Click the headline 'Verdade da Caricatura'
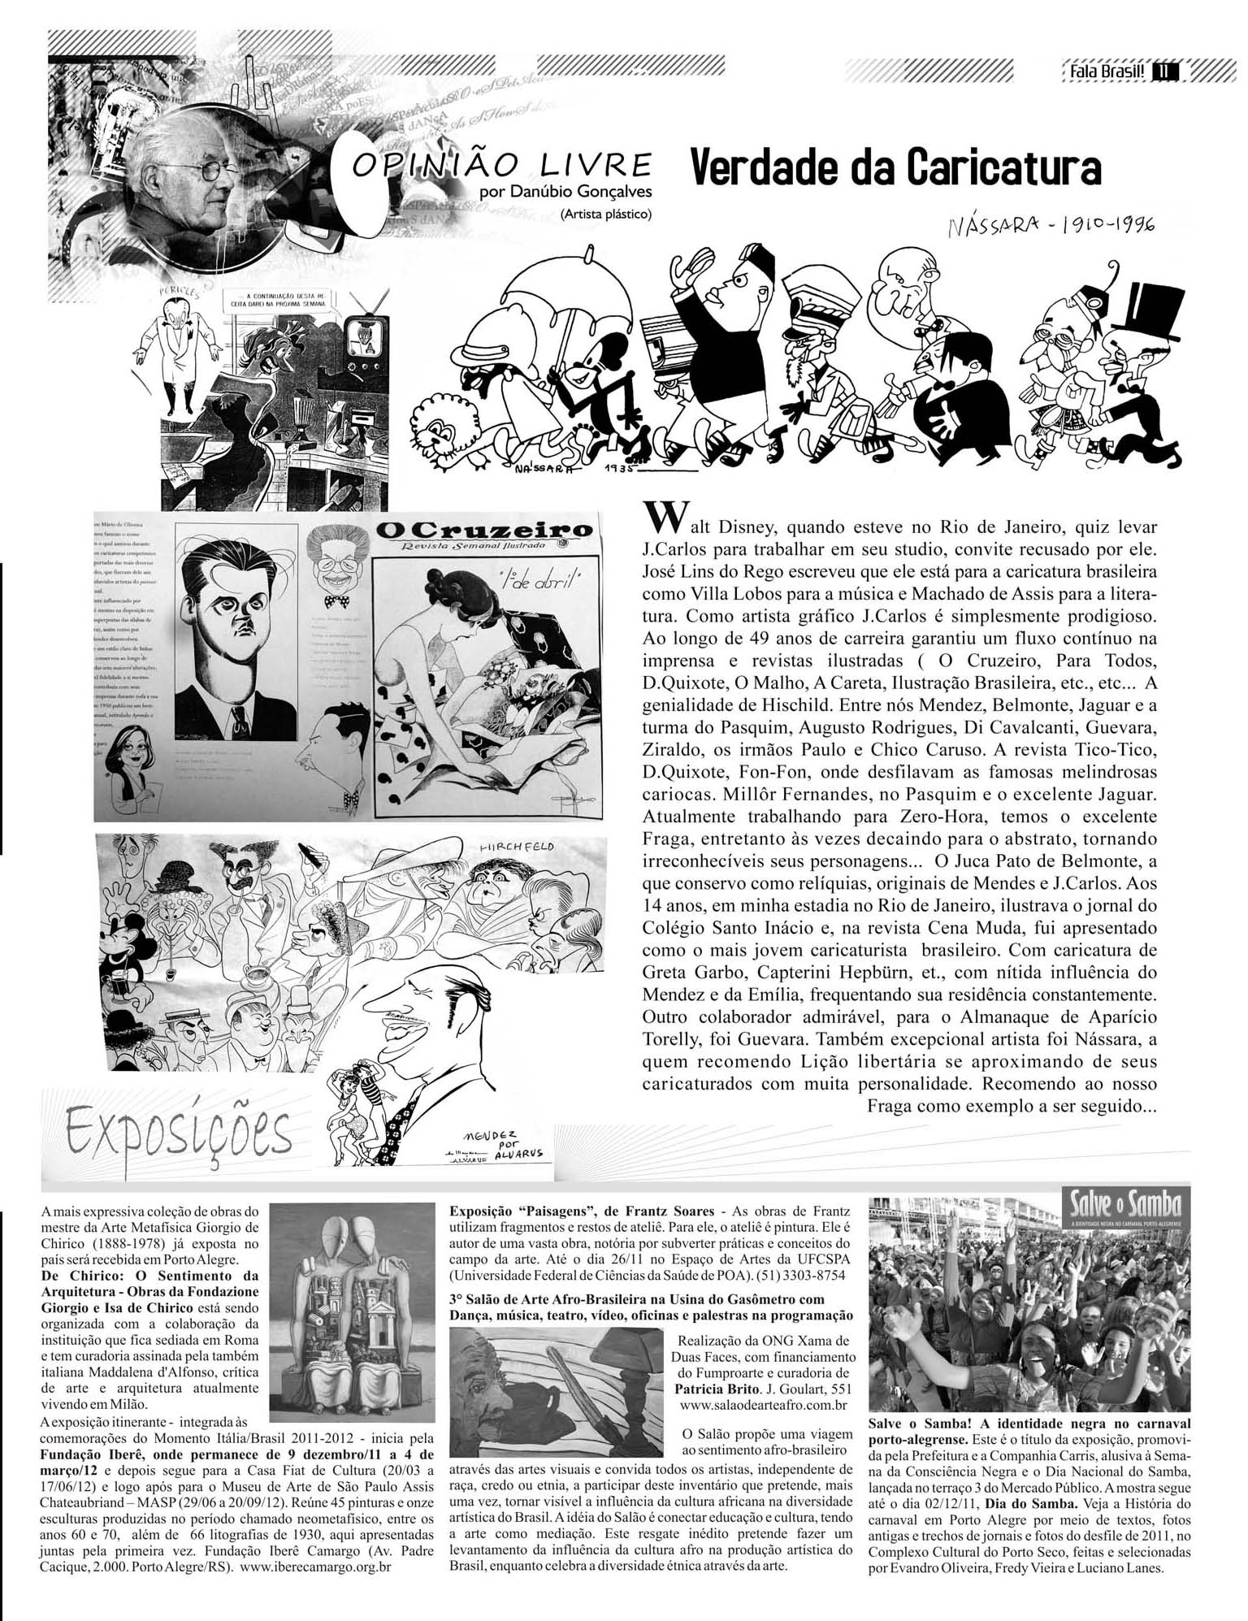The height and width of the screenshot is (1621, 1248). point(894,167)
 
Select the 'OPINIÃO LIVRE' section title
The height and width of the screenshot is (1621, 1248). point(501,165)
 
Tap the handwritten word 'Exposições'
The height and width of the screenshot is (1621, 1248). point(179,1131)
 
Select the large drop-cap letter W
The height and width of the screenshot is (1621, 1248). point(658,515)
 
